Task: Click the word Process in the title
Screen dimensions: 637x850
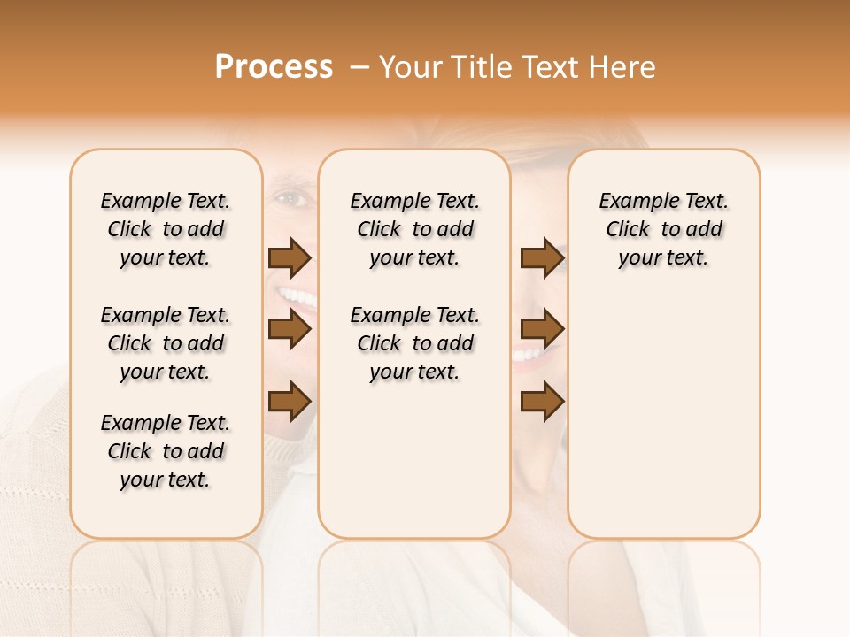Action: [x=274, y=67]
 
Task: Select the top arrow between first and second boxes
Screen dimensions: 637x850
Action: [x=290, y=258]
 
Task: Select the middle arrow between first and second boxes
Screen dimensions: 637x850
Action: [x=290, y=330]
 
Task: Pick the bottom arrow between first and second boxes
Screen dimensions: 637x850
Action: [x=290, y=402]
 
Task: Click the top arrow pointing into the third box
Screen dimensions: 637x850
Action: [x=542, y=258]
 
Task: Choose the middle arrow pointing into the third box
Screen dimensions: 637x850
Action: [x=542, y=330]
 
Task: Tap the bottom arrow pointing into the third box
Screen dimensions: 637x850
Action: [x=542, y=402]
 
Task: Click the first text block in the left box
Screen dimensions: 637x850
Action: [x=166, y=230]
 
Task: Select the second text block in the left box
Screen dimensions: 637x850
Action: [x=166, y=343]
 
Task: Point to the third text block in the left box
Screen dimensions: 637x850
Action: [x=166, y=451]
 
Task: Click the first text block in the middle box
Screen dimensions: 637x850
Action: [x=415, y=230]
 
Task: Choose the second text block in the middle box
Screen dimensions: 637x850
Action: [x=415, y=343]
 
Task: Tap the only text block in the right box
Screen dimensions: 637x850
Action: [x=664, y=230]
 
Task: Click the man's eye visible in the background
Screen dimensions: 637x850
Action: [x=290, y=199]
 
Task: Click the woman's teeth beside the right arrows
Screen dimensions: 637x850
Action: [x=529, y=356]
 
